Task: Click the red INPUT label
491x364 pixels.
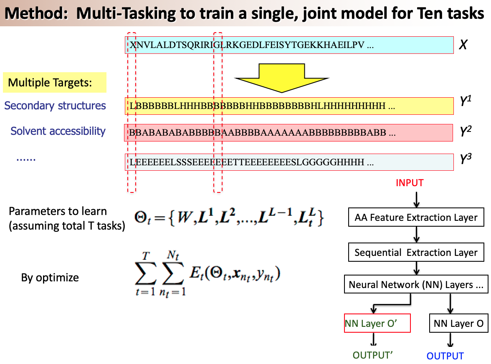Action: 409,183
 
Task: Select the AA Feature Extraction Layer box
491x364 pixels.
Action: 415,217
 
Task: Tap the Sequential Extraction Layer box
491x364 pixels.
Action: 415,252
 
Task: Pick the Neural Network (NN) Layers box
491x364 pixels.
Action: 416,285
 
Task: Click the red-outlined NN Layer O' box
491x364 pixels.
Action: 377,324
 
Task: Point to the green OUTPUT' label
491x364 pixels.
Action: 373,355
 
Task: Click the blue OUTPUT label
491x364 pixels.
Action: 445,356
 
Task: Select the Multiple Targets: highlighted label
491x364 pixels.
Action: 55,83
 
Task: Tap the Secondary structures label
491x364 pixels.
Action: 55,106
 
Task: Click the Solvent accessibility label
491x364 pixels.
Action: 58,131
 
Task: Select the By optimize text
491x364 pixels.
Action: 50,278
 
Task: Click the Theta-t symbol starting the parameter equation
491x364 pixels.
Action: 142,218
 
